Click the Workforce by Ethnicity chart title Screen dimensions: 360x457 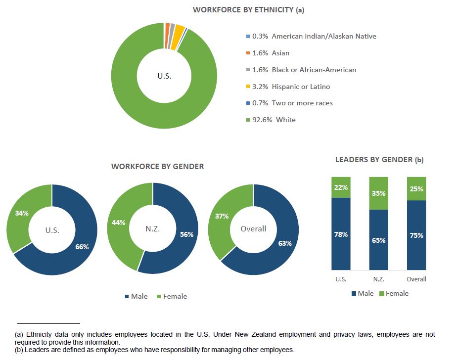pos(248,9)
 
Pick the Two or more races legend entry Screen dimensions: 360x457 pos(292,103)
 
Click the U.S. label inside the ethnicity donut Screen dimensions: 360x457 pos(164,76)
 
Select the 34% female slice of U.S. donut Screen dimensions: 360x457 pos(22,213)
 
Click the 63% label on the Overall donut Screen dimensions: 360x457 pos(285,243)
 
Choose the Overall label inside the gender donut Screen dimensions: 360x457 pos(253,228)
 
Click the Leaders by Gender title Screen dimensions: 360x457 pos(379,159)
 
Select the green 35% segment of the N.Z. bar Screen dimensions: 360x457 pos(379,193)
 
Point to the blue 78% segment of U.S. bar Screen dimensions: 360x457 pos(341,234)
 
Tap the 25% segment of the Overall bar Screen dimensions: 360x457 pos(416,188)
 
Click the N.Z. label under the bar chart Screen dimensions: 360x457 pos(379,279)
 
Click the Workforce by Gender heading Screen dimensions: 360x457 pos(157,166)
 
